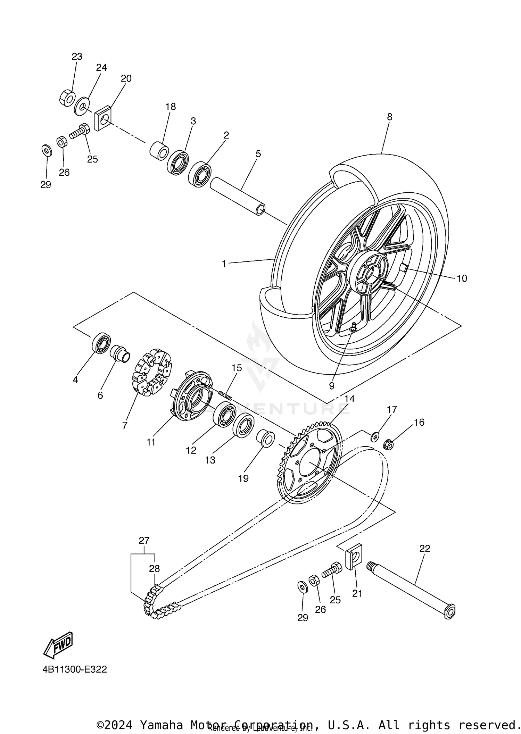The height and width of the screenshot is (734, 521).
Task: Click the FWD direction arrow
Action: [58, 645]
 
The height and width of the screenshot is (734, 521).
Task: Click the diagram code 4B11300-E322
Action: [75, 679]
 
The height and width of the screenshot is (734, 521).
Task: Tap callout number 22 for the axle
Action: [424, 548]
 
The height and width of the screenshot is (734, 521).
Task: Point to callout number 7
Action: [125, 425]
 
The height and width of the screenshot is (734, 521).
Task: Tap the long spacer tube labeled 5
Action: [238, 196]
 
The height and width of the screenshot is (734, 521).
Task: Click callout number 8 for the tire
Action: [389, 117]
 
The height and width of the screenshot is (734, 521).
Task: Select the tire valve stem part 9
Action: [353, 327]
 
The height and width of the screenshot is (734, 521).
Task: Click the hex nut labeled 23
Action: [66, 98]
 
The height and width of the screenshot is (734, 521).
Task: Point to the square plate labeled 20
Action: [103, 118]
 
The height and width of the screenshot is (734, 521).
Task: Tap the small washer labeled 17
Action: [375, 436]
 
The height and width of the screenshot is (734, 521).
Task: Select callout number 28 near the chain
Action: [154, 568]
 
